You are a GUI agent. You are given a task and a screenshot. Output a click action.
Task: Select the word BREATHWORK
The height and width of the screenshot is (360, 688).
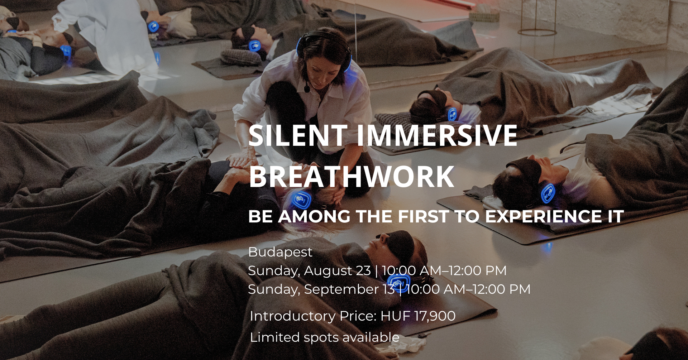(x=352, y=177)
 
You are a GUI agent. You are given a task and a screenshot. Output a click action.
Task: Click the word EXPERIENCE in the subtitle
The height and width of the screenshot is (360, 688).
(x=543, y=216)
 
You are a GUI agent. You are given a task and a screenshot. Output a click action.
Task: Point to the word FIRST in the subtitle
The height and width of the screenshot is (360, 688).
(x=423, y=216)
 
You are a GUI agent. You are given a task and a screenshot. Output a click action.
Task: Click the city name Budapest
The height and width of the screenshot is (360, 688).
(x=280, y=252)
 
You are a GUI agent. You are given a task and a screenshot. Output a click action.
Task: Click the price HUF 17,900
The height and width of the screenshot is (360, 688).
(x=418, y=316)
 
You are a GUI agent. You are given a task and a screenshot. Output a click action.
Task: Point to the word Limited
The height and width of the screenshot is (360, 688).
(x=274, y=337)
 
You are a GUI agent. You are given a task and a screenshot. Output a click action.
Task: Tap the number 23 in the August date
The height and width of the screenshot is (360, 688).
(x=363, y=271)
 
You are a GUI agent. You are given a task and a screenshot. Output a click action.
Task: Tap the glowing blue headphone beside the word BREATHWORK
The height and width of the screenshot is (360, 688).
(x=301, y=200)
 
